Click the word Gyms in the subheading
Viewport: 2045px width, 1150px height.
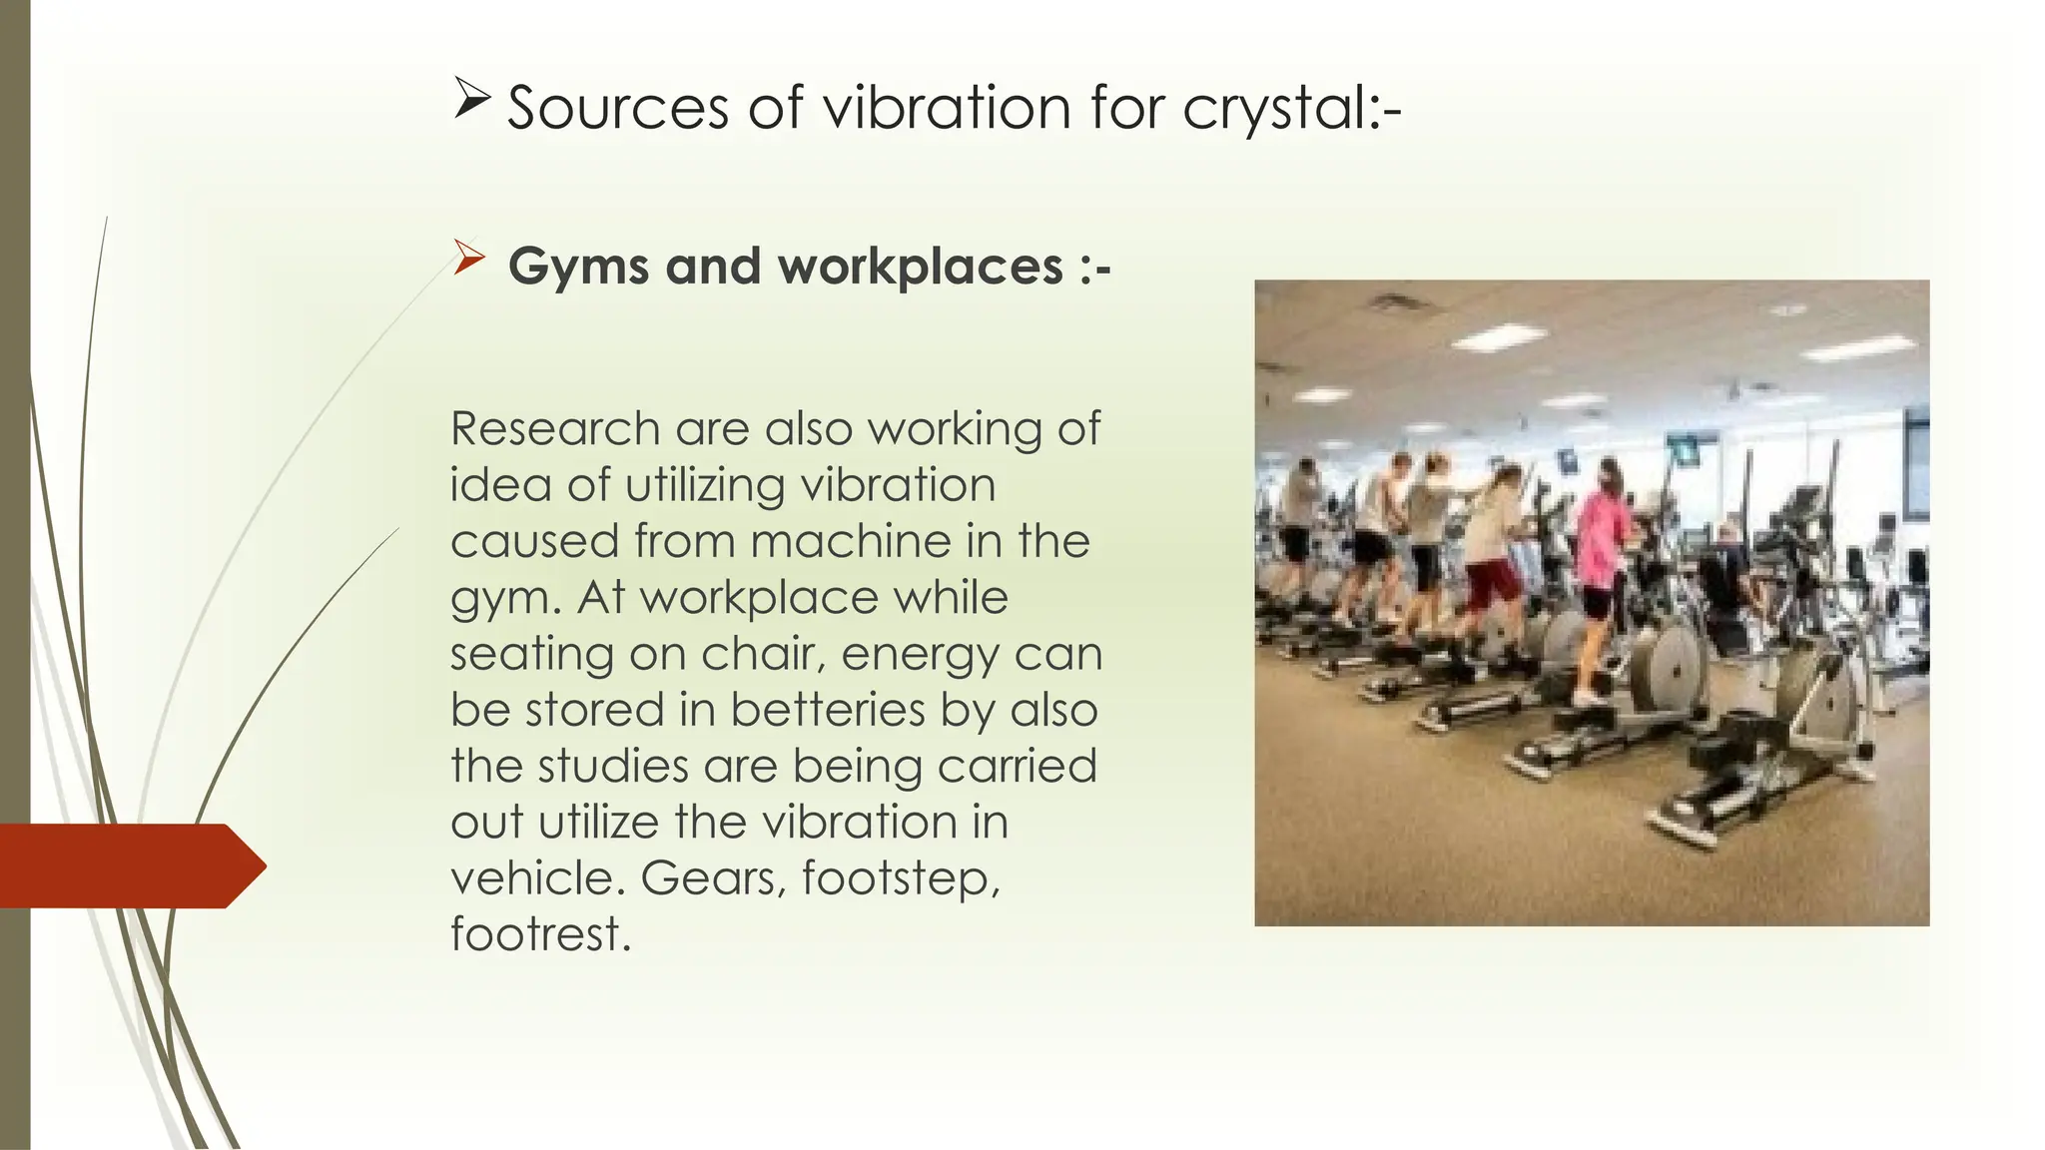pyautogui.click(x=578, y=268)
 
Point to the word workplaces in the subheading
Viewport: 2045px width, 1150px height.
pyautogui.click(x=920, y=267)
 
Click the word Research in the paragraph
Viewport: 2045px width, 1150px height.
pyautogui.click(x=555, y=429)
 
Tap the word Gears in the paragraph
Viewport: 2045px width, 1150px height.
pyautogui.click(x=714, y=878)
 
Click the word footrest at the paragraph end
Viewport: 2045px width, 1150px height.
pyautogui.click(x=539, y=934)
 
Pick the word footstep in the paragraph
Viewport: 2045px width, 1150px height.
pyautogui.click(x=900, y=878)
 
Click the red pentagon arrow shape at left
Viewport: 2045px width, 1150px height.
pyautogui.click(x=130, y=865)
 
